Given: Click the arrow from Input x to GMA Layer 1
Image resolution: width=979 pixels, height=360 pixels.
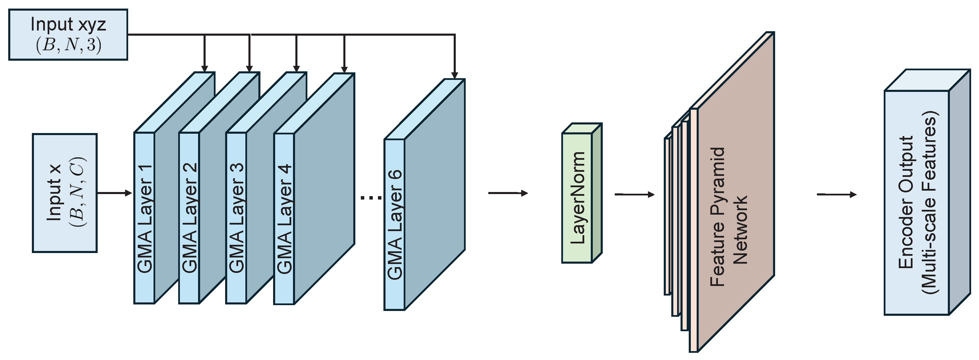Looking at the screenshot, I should tap(114, 193).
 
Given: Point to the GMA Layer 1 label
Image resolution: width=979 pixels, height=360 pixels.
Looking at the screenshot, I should tap(144, 219).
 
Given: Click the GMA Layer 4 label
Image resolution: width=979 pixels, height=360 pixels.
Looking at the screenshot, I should tap(284, 219).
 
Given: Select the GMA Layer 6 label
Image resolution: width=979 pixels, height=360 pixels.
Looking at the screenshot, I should tap(394, 224).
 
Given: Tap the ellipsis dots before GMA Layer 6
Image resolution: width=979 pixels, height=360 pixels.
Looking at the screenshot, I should tap(370, 197).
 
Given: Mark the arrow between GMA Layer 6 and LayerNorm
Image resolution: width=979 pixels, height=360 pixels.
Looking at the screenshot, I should tap(508, 193).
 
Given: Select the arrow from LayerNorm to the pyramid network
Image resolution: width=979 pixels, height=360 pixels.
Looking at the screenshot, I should tap(634, 195).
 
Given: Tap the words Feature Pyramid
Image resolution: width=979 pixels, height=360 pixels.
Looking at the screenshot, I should tap(718, 217).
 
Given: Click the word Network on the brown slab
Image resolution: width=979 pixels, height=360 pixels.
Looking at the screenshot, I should tap(740, 230).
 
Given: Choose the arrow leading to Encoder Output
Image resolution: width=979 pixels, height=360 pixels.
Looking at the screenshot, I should tap(836, 195).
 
